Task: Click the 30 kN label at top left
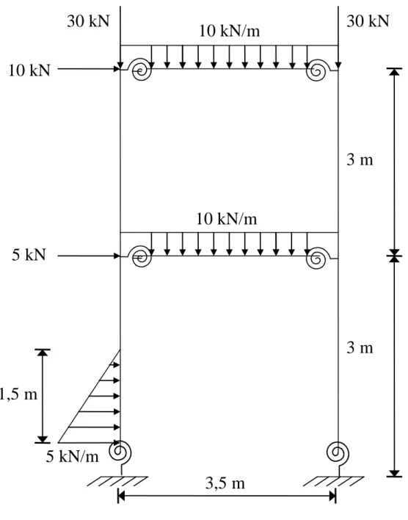(x=88, y=21)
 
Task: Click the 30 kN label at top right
(x=368, y=21)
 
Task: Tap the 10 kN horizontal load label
(x=29, y=71)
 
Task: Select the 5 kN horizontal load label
(x=29, y=255)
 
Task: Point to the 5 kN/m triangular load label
(x=72, y=457)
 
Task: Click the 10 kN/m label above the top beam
(x=230, y=31)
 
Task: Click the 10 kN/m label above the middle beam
(x=227, y=219)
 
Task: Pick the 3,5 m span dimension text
(x=225, y=483)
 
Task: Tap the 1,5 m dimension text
(x=18, y=394)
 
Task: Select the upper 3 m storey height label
(x=360, y=160)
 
